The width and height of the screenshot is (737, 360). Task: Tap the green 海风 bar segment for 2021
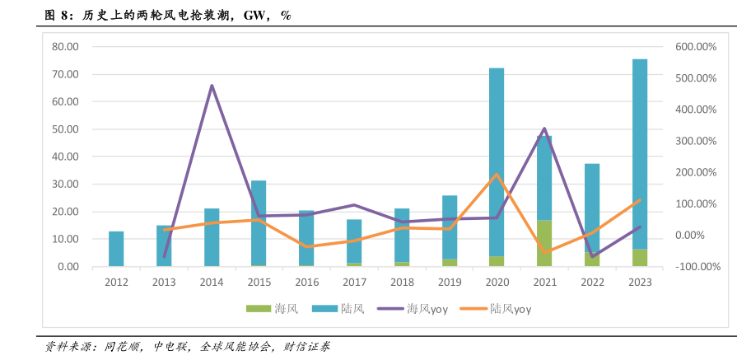point(544,243)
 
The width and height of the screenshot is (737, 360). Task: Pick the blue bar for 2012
point(116,249)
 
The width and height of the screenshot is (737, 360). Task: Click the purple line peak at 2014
point(212,86)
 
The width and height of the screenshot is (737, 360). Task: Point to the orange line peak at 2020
point(497,174)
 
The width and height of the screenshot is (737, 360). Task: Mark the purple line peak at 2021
point(544,129)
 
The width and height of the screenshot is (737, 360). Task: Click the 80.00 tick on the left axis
point(64,46)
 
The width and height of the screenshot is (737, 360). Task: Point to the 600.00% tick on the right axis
point(697,47)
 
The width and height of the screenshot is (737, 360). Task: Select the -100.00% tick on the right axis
point(697,267)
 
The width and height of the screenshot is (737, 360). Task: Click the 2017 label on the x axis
point(354,282)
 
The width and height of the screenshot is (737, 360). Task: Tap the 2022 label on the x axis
point(592,282)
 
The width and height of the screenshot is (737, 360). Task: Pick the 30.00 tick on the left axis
point(64,184)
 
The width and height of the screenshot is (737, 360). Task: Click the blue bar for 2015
point(259,222)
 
